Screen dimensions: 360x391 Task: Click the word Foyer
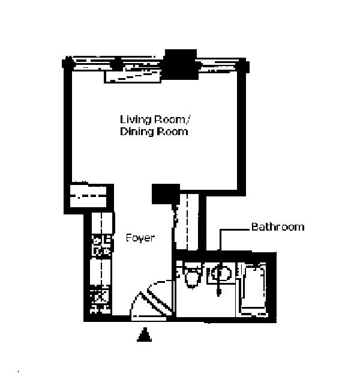(x=140, y=238)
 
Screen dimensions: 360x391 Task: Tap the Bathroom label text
(x=277, y=227)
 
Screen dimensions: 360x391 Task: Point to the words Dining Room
(x=154, y=132)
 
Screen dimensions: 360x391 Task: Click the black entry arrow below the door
(x=143, y=335)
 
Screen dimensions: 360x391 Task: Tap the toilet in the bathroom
(x=192, y=277)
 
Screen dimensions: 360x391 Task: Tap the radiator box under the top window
(x=133, y=76)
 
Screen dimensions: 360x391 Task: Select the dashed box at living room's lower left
(x=89, y=196)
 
